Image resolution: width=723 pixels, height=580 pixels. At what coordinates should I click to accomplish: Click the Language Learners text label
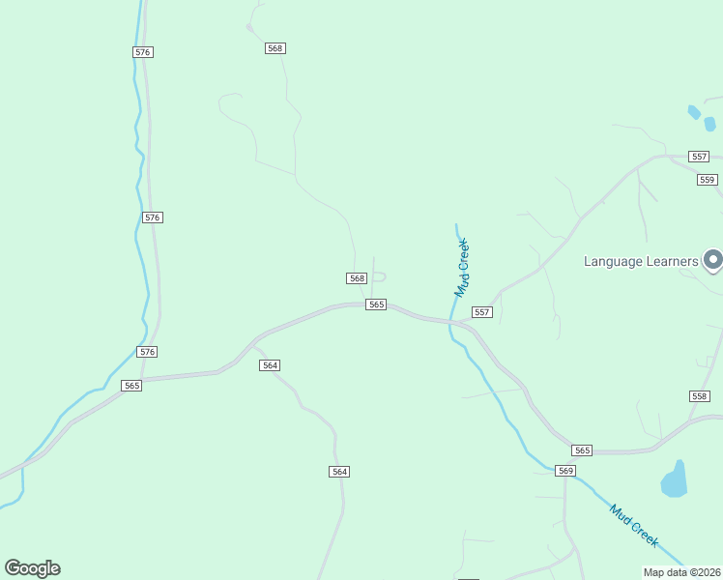(x=641, y=261)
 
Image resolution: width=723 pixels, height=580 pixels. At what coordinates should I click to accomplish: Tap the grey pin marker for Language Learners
(x=713, y=260)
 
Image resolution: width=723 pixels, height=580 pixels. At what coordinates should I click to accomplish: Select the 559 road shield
(x=707, y=180)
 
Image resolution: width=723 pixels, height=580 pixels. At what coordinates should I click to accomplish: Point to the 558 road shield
(x=700, y=396)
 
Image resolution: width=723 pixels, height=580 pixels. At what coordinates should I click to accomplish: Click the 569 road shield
(x=565, y=471)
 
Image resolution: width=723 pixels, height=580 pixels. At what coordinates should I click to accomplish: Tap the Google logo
(x=32, y=568)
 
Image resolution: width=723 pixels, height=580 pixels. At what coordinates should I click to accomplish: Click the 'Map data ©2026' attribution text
(x=681, y=571)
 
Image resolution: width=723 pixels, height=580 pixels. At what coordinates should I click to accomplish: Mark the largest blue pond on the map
(x=674, y=479)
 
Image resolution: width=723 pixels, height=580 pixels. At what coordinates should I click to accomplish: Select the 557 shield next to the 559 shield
(x=699, y=157)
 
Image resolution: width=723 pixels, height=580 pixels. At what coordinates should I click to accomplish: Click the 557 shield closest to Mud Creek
(x=481, y=312)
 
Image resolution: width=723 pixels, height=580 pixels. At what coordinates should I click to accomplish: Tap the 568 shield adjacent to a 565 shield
(x=357, y=278)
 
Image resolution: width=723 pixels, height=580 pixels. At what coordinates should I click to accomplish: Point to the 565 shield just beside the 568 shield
(x=376, y=304)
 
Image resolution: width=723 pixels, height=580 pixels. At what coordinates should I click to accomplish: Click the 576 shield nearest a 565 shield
(x=147, y=352)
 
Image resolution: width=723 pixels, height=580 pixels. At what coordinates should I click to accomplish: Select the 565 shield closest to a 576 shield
(x=131, y=386)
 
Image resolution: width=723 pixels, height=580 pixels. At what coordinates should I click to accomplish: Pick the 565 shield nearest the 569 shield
(x=581, y=450)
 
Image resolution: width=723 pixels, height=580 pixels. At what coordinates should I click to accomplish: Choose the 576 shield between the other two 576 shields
(x=152, y=217)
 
